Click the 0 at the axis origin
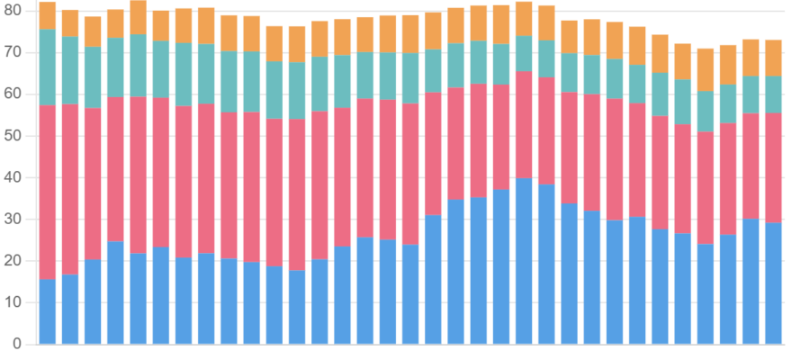coord(17,345)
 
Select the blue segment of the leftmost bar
coord(48,311)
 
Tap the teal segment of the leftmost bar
coord(48,67)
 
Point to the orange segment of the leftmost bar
coord(48,15)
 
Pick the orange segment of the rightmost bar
coord(773,58)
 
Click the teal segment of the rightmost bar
coord(773,94)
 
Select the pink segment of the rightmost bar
coord(773,168)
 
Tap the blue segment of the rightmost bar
coord(773,283)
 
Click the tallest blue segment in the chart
coord(524,261)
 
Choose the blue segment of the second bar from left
coord(70,310)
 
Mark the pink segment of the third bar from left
coord(93,184)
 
